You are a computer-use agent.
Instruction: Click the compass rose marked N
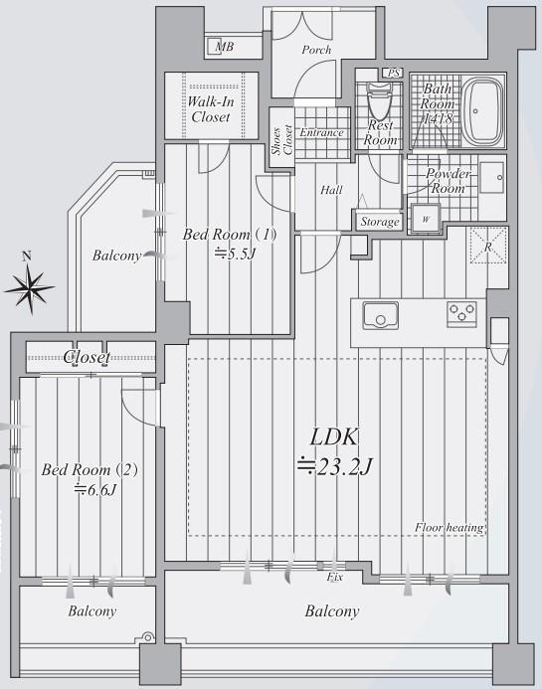pos(30,286)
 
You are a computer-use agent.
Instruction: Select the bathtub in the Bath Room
pos(482,111)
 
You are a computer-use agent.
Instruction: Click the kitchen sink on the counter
pos(381,315)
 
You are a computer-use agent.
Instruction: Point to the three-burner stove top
pos(461,314)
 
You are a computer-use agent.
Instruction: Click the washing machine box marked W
pos(426,219)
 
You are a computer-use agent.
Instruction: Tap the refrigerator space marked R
pos(489,246)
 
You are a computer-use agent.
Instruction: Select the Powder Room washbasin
pos(492,178)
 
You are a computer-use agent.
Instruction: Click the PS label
pos(394,73)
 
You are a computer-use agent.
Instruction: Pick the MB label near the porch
pos(225,46)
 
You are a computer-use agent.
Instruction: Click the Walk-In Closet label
pos(211,109)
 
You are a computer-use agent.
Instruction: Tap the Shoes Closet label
pos(282,140)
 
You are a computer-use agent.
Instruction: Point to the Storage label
pos(380,222)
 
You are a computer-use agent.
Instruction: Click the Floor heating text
pos(450,527)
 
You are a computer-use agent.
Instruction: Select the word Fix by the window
pos(335,577)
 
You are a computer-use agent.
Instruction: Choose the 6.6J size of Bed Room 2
pos(95,489)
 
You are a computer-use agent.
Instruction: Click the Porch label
pos(316,50)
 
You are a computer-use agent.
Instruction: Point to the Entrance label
pos(321,132)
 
